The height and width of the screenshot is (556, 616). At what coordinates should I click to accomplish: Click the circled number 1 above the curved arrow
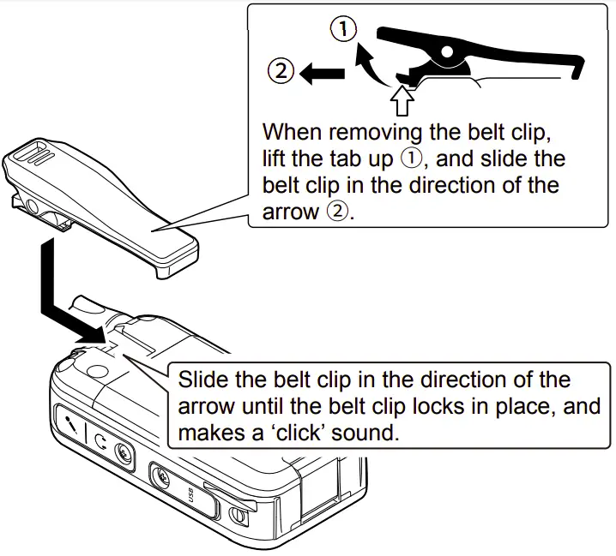[x=342, y=31]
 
